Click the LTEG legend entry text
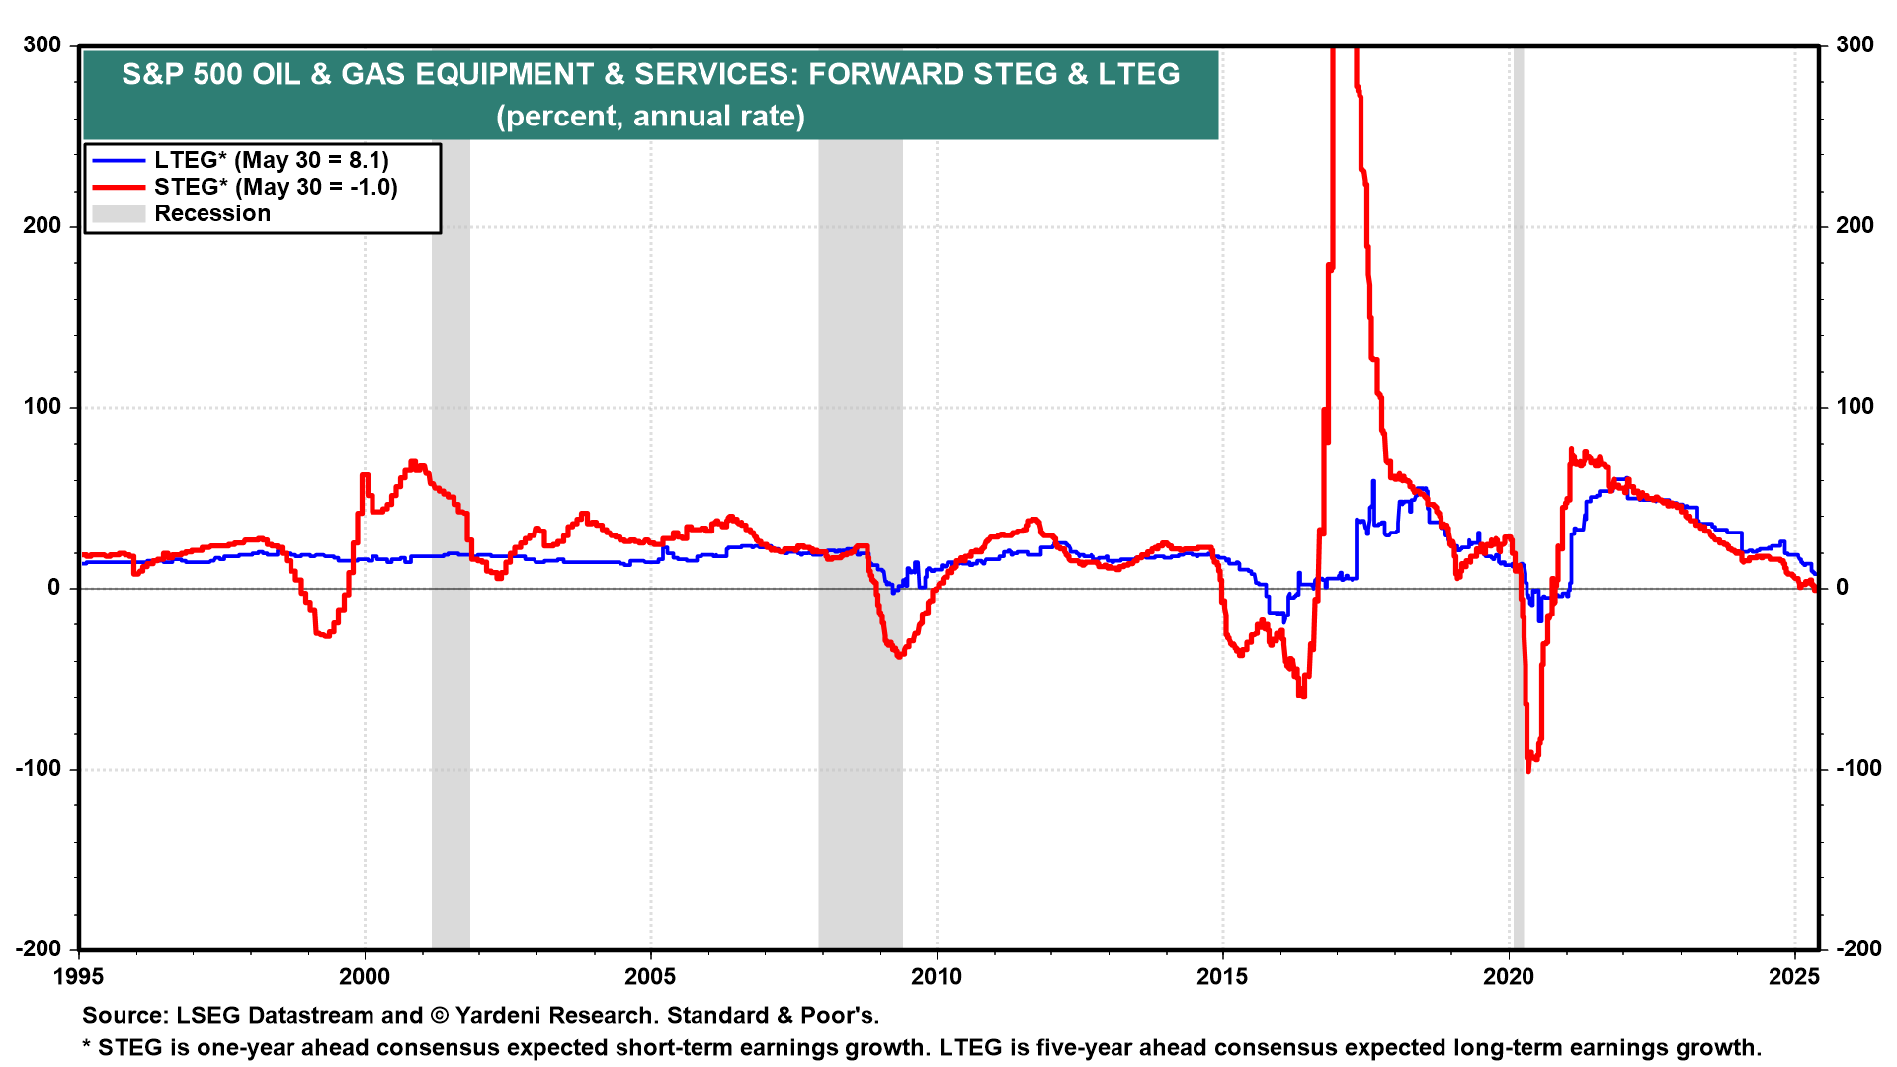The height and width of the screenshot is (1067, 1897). point(272,160)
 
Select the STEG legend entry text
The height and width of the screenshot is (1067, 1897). point(276,187)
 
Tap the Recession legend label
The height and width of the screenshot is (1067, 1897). point(212,213)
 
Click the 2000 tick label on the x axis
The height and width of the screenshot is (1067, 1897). point(365,977)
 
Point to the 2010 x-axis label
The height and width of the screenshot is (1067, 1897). point(936,977)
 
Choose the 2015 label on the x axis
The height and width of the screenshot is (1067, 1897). point(1222,977)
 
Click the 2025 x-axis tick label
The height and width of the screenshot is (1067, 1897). point(1794,977)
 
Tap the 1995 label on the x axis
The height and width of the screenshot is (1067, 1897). point(79,977)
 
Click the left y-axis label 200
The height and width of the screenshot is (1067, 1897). point(42,225)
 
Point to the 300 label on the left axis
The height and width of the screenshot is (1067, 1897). point(42,44)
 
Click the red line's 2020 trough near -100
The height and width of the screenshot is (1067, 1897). point(1529,769)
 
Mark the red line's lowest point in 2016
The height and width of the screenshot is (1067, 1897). point(1302,697)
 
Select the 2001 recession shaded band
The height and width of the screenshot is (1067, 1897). point(451,593)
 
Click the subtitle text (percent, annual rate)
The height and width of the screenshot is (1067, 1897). point(650,116)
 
